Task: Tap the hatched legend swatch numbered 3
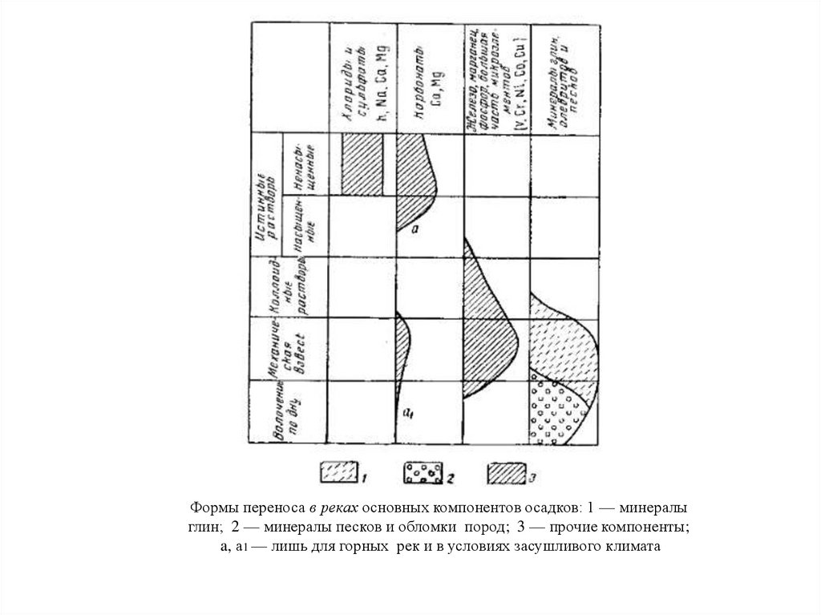(504, 473)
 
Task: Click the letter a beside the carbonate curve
(415, 229)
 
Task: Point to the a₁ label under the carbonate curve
(407, 414)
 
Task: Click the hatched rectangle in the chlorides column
(362, 164)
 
